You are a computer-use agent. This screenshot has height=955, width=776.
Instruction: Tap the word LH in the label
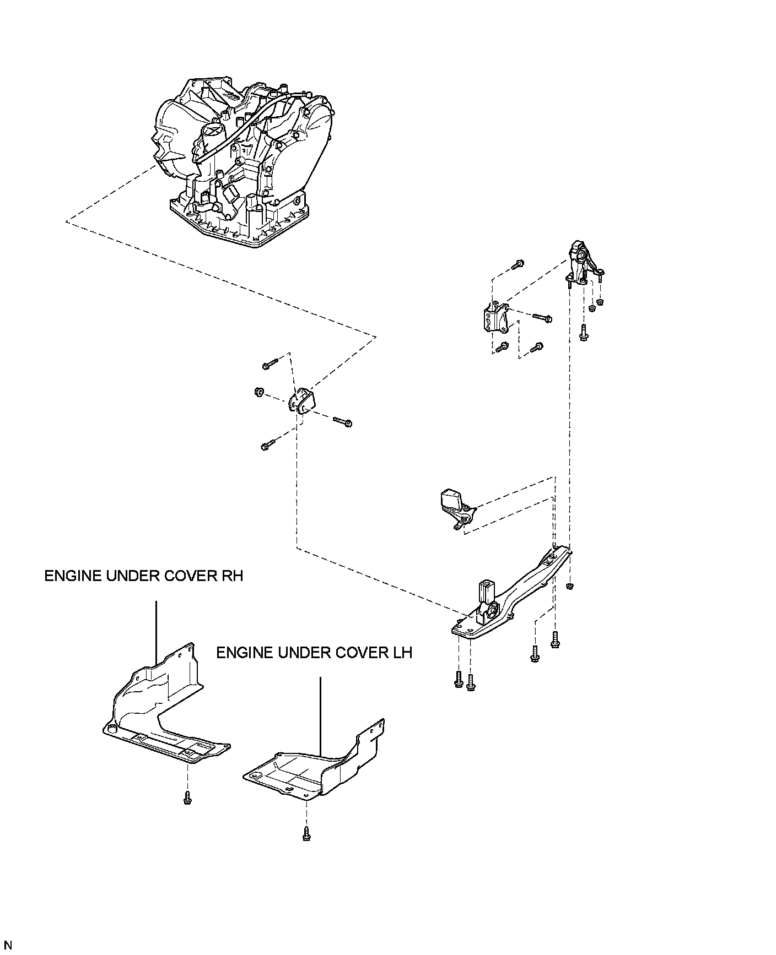401,653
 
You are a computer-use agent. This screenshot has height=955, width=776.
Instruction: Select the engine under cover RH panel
160,710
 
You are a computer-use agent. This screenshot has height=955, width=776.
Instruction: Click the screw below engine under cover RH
188,797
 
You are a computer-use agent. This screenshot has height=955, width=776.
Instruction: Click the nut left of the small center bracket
258,392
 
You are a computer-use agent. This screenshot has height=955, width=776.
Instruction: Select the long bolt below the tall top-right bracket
583,333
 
